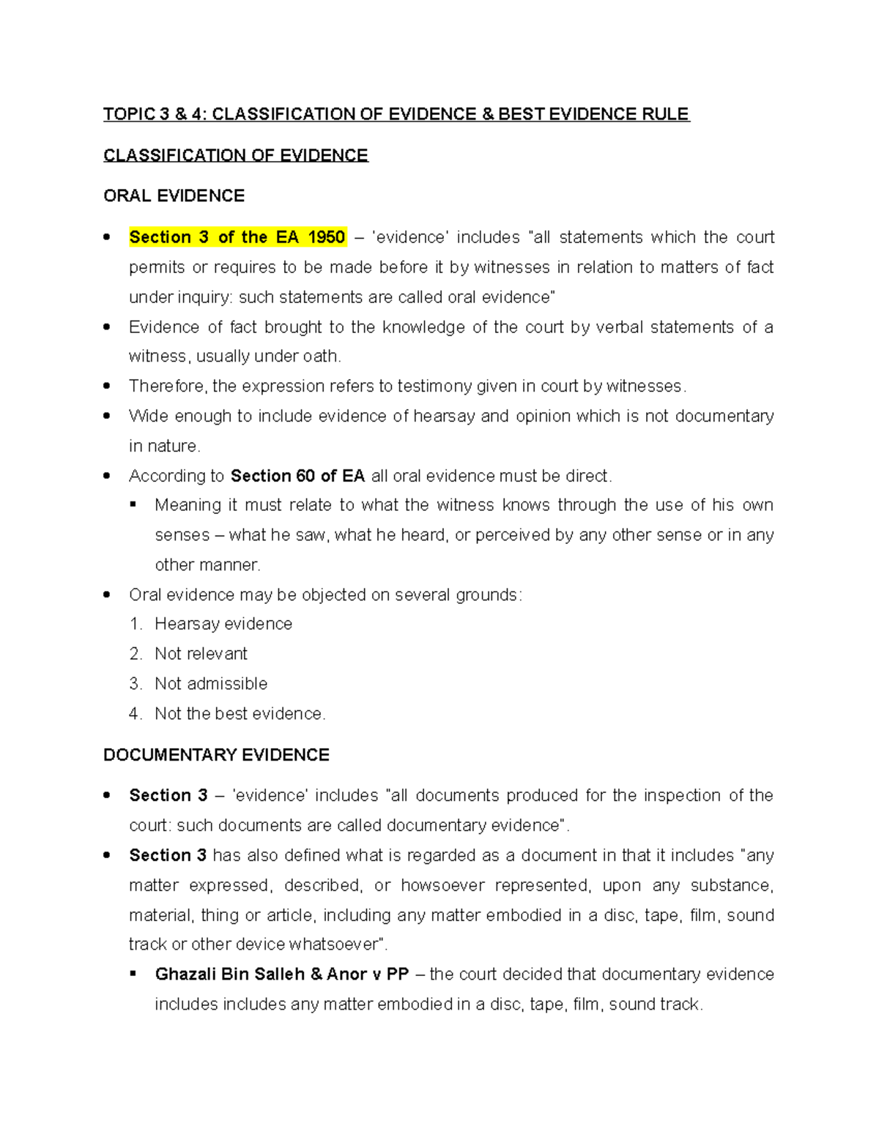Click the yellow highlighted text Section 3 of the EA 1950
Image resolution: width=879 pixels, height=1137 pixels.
click(x=237, y=237)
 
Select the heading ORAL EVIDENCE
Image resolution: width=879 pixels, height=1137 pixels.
click(x=174, y=196)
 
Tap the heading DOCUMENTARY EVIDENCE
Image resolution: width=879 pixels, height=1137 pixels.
click(x=216, y=755)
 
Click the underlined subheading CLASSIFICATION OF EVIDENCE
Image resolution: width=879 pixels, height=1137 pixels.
click(x=235, y=155)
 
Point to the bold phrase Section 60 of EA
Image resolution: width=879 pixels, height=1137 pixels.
click(x=297, y=476)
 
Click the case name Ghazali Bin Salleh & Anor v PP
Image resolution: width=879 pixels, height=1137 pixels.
click(x=281, y=974)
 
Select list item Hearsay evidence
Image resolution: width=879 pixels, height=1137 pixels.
click(x=223, y=624)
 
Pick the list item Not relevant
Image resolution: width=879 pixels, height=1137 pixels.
click(x=201, y=654)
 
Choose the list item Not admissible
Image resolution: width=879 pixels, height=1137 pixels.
click(x=211, y=684)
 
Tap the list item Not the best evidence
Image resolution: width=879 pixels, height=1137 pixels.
click(x=240, y=714)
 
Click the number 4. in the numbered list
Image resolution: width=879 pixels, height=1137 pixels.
click(x=136, y=714)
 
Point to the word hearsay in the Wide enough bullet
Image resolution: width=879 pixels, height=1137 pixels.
click(x=444, y=416)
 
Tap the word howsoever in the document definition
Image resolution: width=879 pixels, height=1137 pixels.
click(x=442, y=885)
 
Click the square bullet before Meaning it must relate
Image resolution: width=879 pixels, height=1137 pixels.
click(x=133, y=505)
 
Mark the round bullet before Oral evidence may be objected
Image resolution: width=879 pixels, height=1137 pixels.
click(x=108, y=594)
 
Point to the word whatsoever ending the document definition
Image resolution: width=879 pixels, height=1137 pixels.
click(x=336, y=944)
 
